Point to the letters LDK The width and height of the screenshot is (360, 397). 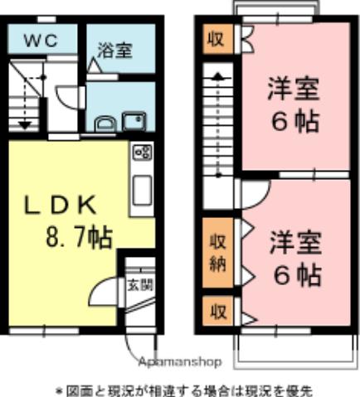(x=61, y=205)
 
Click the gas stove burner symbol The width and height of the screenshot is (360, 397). (x=142, y=153)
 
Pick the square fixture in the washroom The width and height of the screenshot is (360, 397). (x=133, y=123)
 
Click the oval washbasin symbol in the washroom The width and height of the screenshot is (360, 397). (x=105, y=124)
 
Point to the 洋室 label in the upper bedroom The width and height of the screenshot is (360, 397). (x=293, y=87)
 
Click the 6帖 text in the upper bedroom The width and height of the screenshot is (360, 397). (x=293, y=122)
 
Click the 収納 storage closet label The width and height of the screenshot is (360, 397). (x=217, y=256)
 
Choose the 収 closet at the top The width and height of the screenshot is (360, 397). (x=216, y=39)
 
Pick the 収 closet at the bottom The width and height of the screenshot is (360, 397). (x=217, y=313)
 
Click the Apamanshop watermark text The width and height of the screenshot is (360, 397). (x=180, y=362)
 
